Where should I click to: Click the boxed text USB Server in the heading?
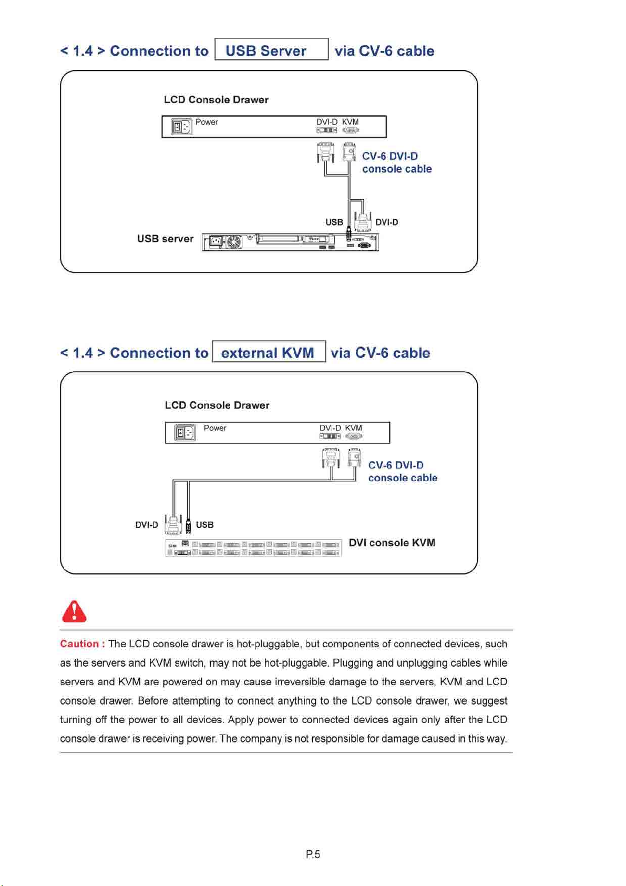pos(266,50)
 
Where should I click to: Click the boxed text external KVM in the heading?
pos(268,352)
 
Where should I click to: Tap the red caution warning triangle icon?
pos(74,612)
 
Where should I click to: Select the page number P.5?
pos(313,854)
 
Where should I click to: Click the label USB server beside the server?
pos(165,239)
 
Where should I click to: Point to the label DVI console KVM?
pos(392,543)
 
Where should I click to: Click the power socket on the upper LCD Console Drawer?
pos(181,127)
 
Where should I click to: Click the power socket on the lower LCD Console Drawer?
pos(185,433)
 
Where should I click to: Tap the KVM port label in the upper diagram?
pos(350,122)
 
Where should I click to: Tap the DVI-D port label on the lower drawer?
pos(330,428)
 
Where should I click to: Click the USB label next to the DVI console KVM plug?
pos(204,525)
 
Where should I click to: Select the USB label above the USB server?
pos(334,222)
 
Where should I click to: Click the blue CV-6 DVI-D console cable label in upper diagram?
pos(396,162)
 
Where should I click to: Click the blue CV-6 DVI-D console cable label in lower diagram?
pos(402,472)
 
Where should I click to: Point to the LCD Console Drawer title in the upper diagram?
pos(216,100)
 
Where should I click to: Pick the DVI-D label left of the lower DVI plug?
pos(146,525)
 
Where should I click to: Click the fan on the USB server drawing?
pos(233,242)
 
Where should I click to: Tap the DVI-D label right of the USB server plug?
pos(386,222)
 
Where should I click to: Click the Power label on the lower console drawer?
pos(215,428)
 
